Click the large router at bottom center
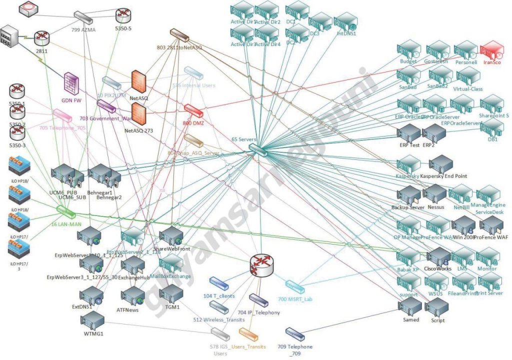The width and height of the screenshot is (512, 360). [x=262, y=265]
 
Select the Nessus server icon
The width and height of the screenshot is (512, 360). [x=434, y=193]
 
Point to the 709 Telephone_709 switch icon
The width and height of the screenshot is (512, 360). [x=294, y=333]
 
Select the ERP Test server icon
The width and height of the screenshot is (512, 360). [x=408, y=133]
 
